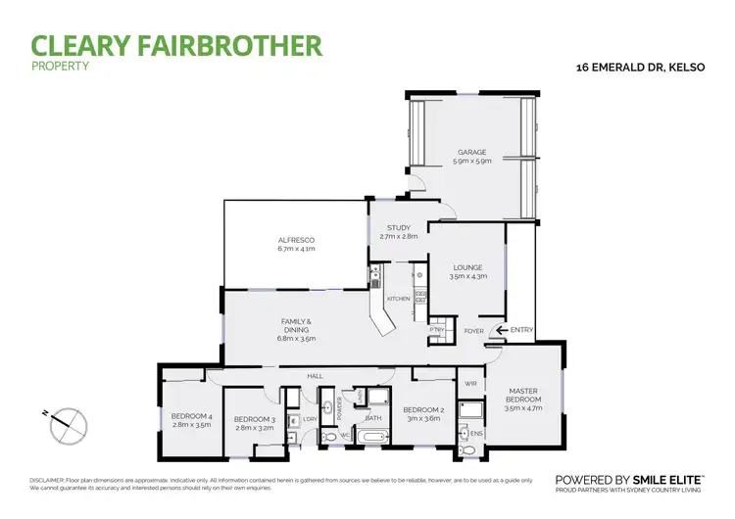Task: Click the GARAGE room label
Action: [470, 152]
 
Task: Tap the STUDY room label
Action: [398, 228]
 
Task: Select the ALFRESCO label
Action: [295, 240]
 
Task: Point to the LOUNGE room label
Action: [466, 267]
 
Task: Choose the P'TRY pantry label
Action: [437, 330]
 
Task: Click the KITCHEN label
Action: [398, 298]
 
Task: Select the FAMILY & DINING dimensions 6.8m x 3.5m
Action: [295, 340]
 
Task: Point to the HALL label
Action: [315, 375]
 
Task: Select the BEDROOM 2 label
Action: [423, 409]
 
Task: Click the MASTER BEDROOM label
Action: [522, 396]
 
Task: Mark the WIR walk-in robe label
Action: [469, 383]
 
